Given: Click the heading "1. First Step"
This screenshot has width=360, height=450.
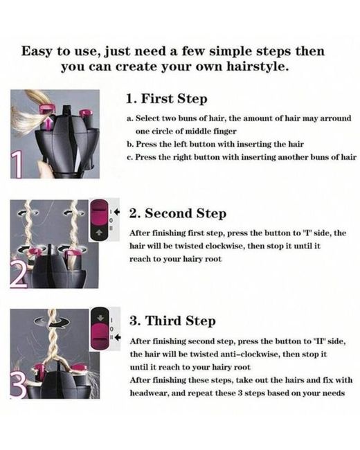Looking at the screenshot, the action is (167, 99).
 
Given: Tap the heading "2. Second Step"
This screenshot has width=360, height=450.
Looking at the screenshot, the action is (178, 213).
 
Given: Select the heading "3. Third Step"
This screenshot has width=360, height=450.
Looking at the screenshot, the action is (172, 321).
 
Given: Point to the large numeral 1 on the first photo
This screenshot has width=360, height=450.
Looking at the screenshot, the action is (17, 165).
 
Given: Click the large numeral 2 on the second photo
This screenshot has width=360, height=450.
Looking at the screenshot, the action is (19, 276).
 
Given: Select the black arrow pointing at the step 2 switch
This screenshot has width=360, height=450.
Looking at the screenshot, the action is (116, 212).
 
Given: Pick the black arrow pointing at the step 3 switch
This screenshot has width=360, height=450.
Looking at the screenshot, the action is (118, 338).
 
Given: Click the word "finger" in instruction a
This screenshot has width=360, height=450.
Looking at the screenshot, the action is (225, 132).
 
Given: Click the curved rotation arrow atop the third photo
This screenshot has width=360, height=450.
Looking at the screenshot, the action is (51, 322).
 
